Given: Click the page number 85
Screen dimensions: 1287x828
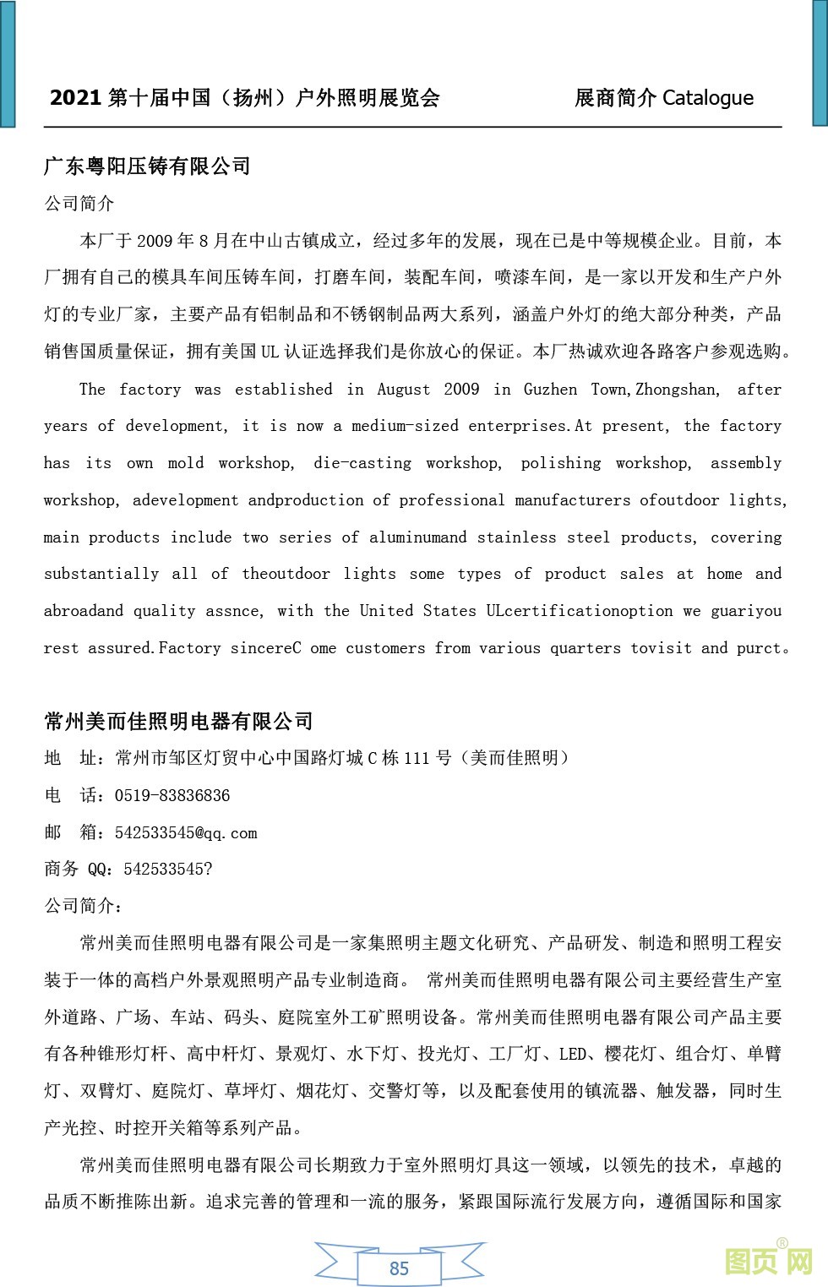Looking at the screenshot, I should tap(399, 1268).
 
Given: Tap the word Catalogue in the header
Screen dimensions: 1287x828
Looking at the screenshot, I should tap(707, 98).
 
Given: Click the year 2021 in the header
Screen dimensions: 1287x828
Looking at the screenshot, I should tap(75, 98).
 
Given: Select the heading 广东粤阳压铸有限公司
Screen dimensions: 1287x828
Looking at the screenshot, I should tap(147, 166).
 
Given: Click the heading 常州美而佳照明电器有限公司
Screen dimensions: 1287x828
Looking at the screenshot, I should tap(178, 721).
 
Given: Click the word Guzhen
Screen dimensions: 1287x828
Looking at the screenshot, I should tap(550, 390).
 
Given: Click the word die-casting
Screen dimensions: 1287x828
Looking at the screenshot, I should tap(362, 463).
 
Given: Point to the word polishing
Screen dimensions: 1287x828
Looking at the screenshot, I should tap(560, 463).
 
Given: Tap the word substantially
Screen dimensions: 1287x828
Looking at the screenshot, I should tap(101, 574).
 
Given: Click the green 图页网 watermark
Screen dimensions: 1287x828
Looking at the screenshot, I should tap(768, 1262).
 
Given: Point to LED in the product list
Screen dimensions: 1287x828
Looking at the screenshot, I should tap(572, 1054).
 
